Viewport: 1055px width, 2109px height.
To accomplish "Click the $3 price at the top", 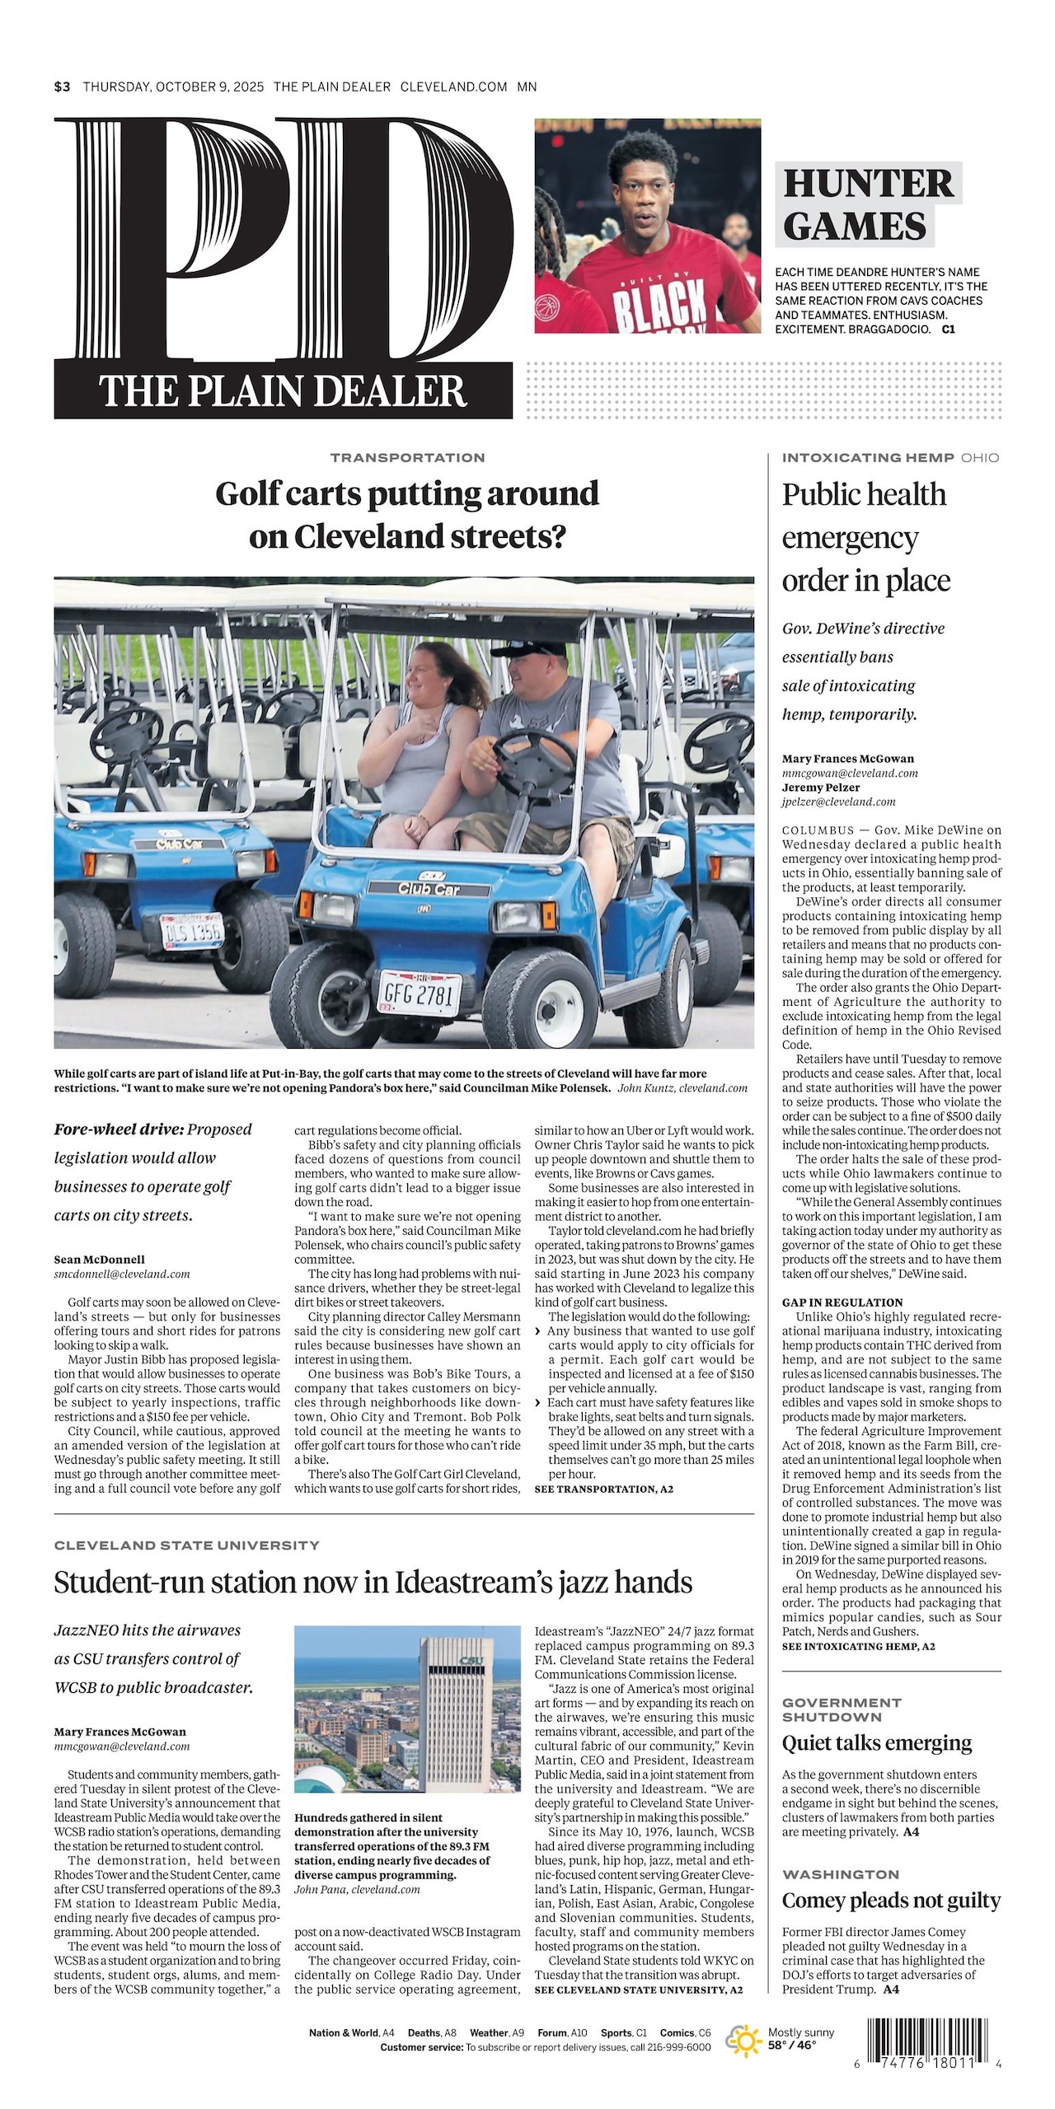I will click(x=63, y=87).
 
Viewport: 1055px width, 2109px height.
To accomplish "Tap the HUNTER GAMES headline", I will click(x=867, y=203).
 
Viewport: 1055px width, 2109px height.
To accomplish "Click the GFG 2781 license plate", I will click(x=417, y=995).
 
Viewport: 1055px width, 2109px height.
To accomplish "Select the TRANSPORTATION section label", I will click(x=407, y=457).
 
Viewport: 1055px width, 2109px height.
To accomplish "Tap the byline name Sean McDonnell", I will click(x=99, y=1259).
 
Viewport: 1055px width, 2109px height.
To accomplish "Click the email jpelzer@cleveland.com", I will click(x=838, y=802).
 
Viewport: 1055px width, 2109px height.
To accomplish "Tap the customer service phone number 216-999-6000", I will click(x=678, y=2048).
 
